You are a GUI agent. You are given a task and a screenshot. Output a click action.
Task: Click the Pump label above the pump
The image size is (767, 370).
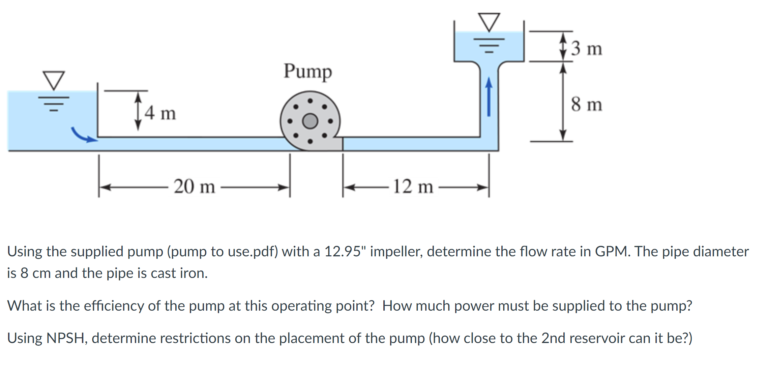pyautogui.click(x=307, y=71)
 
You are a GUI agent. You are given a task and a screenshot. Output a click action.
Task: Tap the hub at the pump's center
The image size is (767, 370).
pyautogui.click(x=310, y=121)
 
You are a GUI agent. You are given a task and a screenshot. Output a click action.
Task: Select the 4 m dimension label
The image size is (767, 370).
pyautogui.click(x=160, y=113)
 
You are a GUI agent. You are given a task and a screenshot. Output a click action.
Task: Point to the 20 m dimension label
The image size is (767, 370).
pyautogui.click(x=194, y=186)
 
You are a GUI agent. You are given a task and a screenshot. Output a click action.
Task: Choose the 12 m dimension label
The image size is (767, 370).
pyautogui.click(x=413, y=186)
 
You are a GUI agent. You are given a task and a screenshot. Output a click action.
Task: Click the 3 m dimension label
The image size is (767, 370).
pyautogui.click(x=586, y=48)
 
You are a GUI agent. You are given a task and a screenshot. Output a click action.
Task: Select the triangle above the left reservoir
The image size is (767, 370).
pyautogui.click(x=53, y=80)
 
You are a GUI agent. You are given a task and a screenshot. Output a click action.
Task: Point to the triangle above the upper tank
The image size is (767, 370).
pyautogui.click(x=489, y=22)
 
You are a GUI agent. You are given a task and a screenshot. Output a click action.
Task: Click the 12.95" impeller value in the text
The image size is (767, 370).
pyautogui.click(x=345, y=252)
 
